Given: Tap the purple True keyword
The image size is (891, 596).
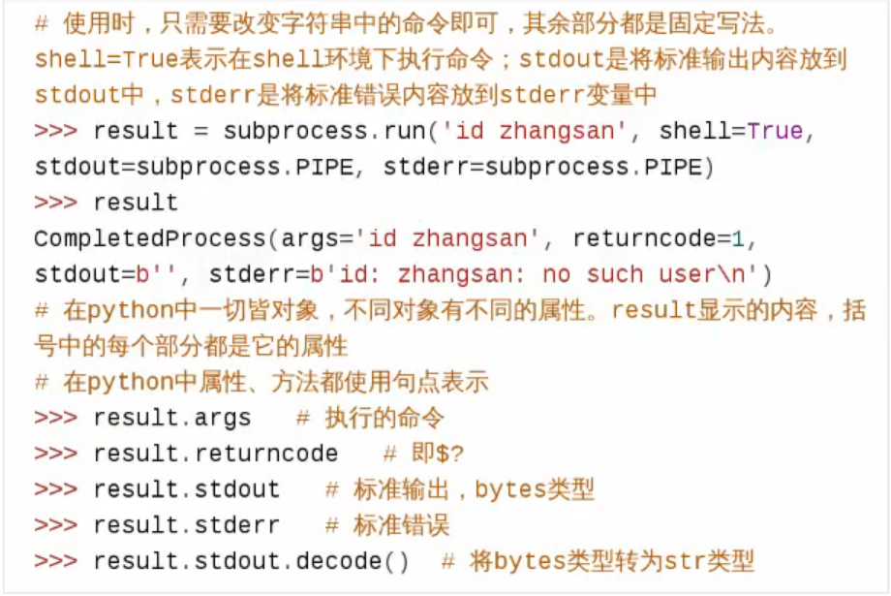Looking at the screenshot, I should (x=775, y=131).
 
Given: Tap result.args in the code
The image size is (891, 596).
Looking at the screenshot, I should (x=171, y=418).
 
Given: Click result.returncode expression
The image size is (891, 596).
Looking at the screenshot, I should (x=215, y=454).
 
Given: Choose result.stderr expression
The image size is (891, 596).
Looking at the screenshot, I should (x=186, y=525).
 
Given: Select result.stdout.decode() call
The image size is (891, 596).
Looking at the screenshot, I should (x=251, y=561).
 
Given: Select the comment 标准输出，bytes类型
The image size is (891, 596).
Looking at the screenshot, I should (x=459, y=489).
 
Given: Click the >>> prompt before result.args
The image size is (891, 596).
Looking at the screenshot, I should (x=55, y=418).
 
